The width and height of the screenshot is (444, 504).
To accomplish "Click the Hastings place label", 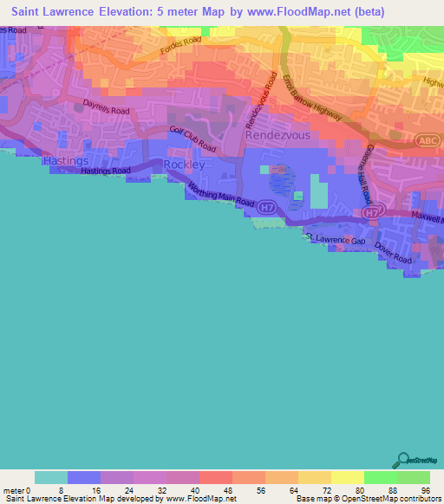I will tap(66, 161).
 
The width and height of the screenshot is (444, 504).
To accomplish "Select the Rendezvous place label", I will tap(277, 136).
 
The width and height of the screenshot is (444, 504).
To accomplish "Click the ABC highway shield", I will tap(425, 139).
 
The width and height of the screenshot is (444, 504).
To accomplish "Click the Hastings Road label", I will tap(105, 171).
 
